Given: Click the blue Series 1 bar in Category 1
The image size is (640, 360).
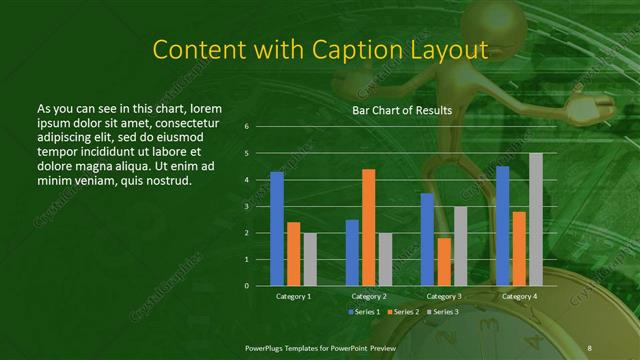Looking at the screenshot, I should coord(277,228).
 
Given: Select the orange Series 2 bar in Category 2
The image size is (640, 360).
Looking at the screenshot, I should coord(368,227).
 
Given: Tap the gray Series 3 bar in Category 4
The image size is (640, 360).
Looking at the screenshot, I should coord(536,219).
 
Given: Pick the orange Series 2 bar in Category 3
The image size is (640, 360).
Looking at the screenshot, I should coord(443,261).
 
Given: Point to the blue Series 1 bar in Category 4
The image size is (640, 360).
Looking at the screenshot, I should coord(502,225).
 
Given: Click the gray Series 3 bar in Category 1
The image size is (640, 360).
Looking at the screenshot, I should coord(309,259).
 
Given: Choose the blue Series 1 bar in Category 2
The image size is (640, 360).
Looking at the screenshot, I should coord(352,252).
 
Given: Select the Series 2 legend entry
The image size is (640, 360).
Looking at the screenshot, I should coord(402,313).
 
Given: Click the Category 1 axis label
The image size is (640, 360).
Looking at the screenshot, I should coord(293,296).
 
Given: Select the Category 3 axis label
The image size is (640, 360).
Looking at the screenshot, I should coord(444,296).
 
